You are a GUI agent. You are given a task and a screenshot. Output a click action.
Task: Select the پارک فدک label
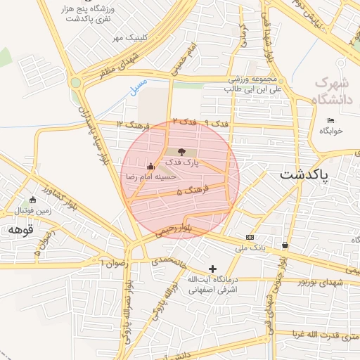[183, 162]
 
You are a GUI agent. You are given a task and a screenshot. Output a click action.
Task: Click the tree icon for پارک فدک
[182, 151]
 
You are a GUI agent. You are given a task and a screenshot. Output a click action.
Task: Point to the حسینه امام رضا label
[143, 176]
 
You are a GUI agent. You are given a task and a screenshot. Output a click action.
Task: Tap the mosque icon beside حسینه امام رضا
[150, 167]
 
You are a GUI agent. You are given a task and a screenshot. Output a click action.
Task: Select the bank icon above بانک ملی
[250, 237]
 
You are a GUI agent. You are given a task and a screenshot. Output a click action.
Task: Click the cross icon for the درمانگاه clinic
[213, 269]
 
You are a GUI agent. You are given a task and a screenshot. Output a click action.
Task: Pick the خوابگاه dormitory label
[331, 131]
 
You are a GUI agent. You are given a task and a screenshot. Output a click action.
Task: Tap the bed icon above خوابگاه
[331, 121]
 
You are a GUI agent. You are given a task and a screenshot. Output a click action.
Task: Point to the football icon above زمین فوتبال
[33, 199]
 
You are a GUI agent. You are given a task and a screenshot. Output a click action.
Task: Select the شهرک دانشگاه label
[331, 89]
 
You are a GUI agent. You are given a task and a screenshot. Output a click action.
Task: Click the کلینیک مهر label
[127, 37]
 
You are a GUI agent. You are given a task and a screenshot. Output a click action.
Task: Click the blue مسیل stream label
[139, 86]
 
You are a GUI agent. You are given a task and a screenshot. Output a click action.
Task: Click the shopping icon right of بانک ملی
[285, 245]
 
